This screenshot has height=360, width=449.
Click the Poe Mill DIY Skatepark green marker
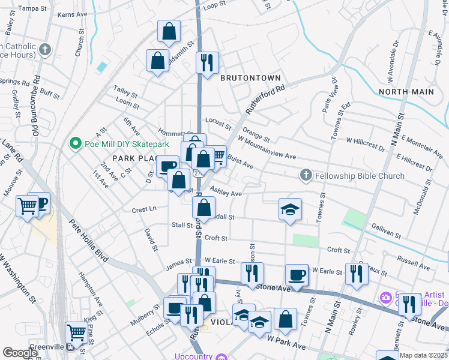[x=75, y=143]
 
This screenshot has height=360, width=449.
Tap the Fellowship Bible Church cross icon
[x=306, y=175]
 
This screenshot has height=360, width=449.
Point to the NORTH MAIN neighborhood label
[x=406, y=91]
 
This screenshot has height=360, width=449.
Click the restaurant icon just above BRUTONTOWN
[x=207, y=62]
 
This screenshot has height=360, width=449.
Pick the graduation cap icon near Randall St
[x=290, y=209]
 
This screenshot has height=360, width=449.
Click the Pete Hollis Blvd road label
[x=87, y=241]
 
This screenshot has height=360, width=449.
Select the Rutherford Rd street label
[x=263, y=97]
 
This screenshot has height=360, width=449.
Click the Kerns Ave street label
[x=72, y=13]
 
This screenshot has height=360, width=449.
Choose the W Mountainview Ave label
[x=267, y=148]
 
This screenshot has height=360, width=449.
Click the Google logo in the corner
[x=20, y=353]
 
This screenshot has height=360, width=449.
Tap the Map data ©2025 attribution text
[x=424, y=355]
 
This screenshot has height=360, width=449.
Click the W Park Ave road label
[x=286, y=343]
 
